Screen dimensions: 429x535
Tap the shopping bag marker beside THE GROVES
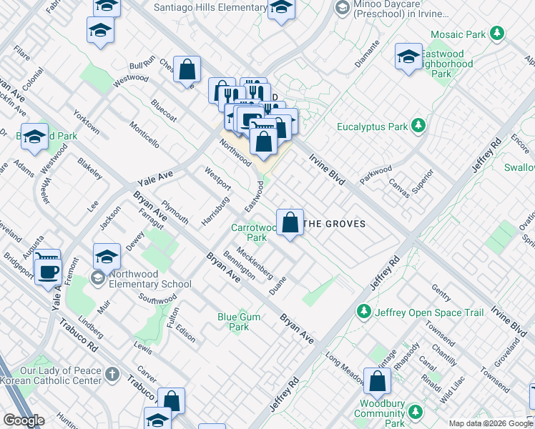tap(290, 222)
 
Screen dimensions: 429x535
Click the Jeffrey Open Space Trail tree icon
tap(364, 312)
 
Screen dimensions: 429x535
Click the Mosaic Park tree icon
tap(496, 34)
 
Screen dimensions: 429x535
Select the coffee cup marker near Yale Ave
tap(48, 272)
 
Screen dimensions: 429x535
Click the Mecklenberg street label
tap(254, 262)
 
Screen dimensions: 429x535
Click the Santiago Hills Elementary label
tap(210, 8)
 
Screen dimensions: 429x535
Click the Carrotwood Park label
tap(249, 232)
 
